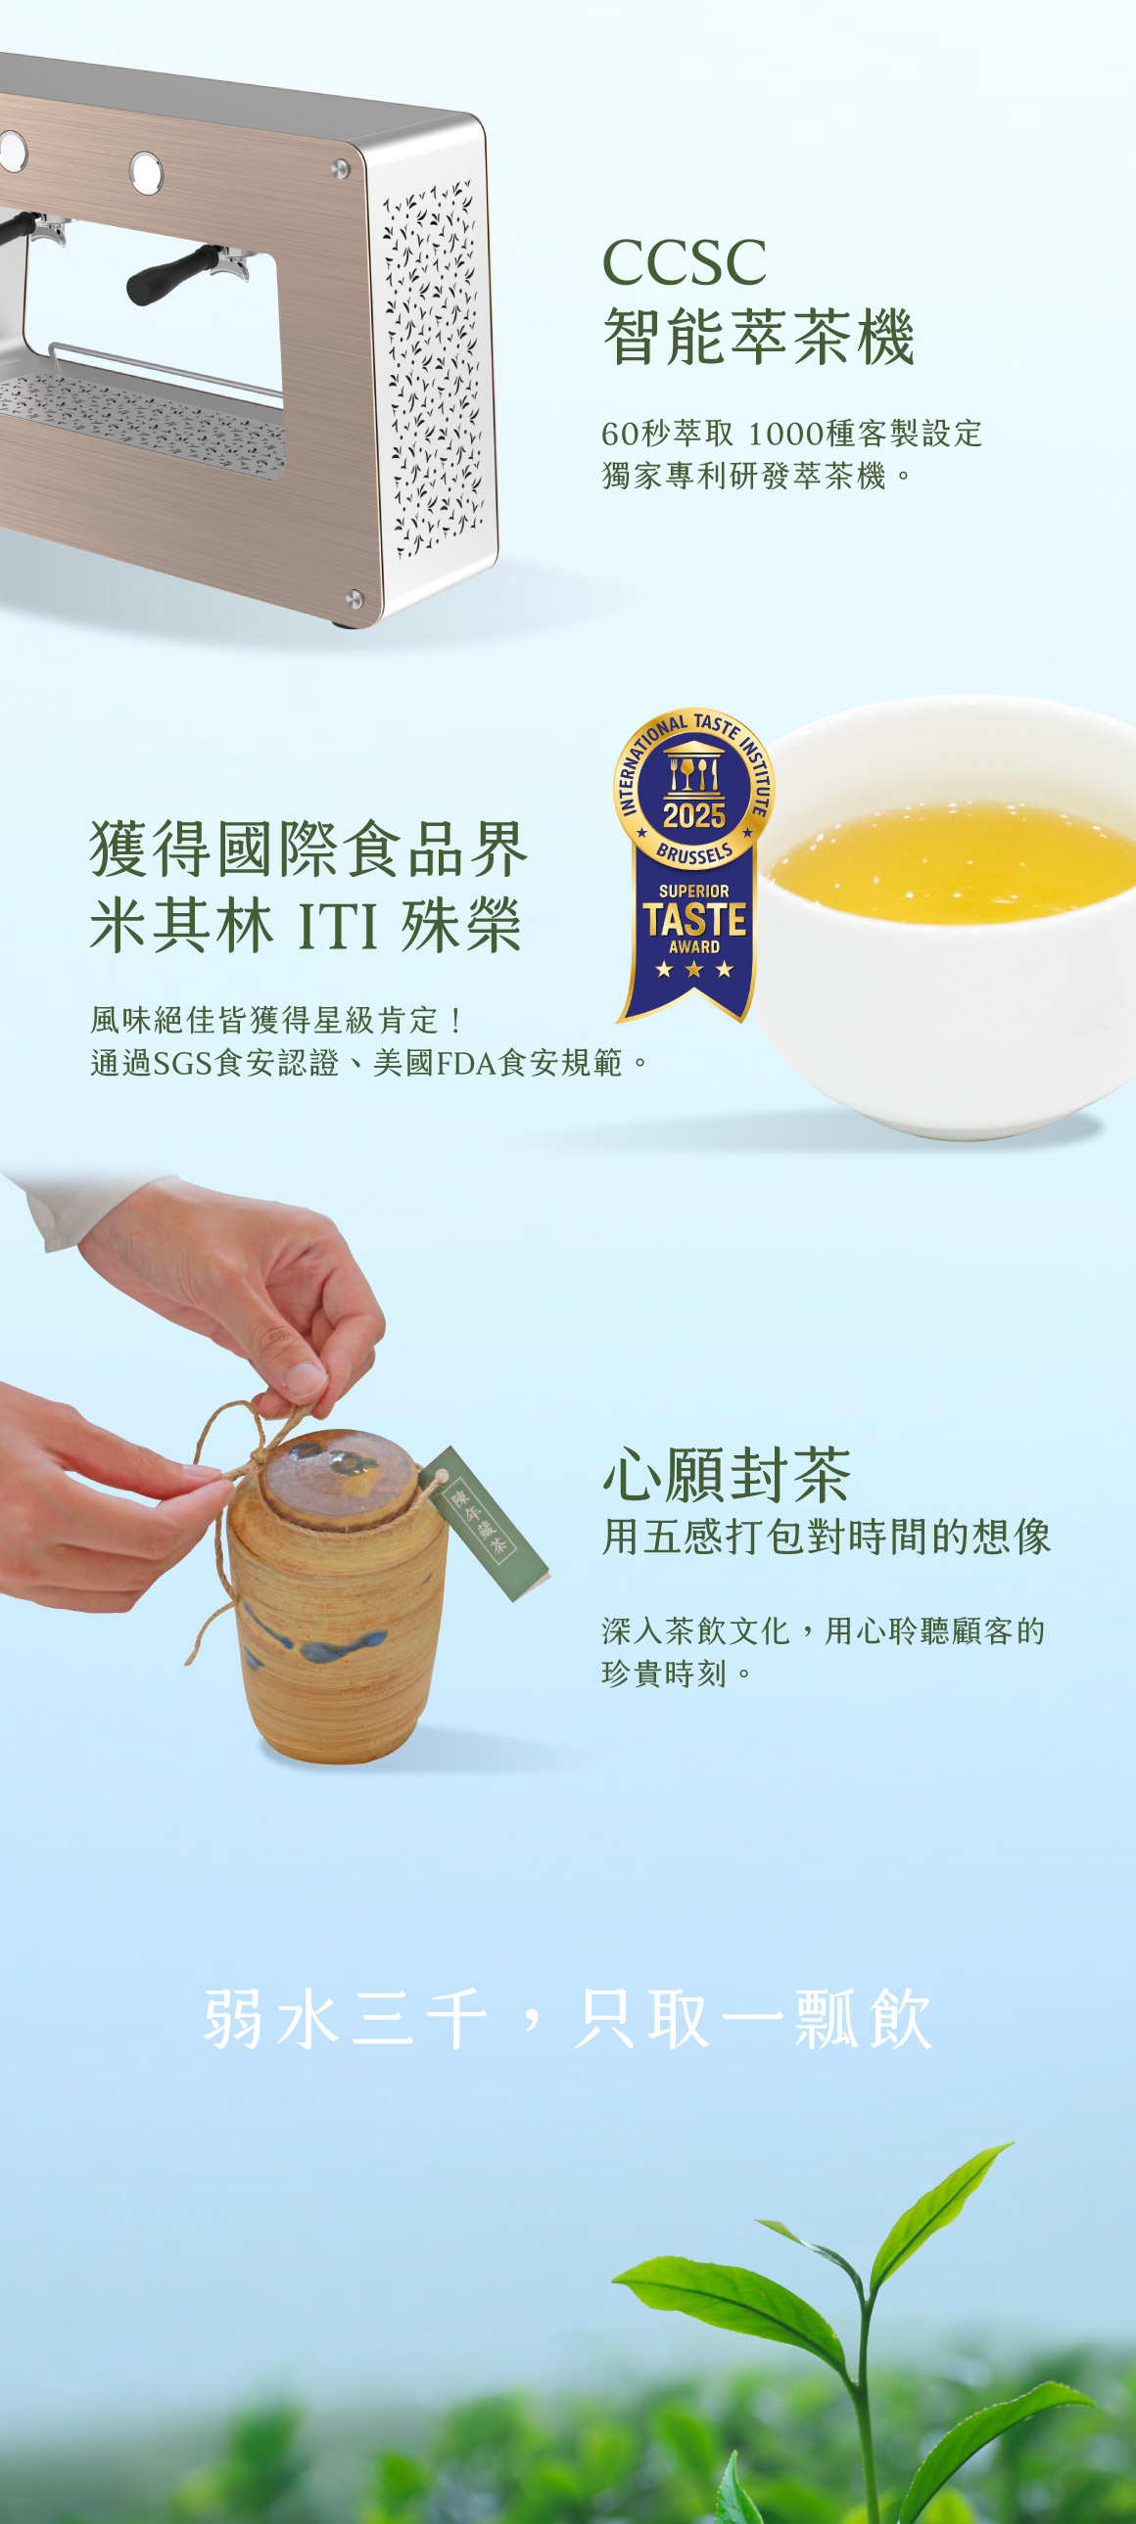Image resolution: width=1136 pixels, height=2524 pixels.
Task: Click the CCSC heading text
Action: click(x=684, y=262)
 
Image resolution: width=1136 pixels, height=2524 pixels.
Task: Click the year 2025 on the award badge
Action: click(x=694, y=814)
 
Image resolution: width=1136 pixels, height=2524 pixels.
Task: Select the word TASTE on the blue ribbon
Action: click(x=694, y=919)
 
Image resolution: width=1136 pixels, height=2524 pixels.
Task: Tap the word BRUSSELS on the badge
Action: click(x=694, y=852)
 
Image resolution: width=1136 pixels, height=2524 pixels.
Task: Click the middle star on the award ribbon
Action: click(x=694, y=970)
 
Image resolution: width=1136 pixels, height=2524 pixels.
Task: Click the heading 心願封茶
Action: click(x=727, y=1476)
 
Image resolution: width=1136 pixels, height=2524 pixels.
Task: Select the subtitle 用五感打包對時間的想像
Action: click(x=827, y=1537)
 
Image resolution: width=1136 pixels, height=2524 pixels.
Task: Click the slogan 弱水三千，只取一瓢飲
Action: click(x=567, y=2018)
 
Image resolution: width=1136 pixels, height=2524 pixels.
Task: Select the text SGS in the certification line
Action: click(x=181, y=1063)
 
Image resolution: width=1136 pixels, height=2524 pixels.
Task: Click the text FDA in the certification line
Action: click(x=465, y=1063)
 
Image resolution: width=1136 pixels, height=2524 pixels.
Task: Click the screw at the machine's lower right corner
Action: click(x=354, y=599)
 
